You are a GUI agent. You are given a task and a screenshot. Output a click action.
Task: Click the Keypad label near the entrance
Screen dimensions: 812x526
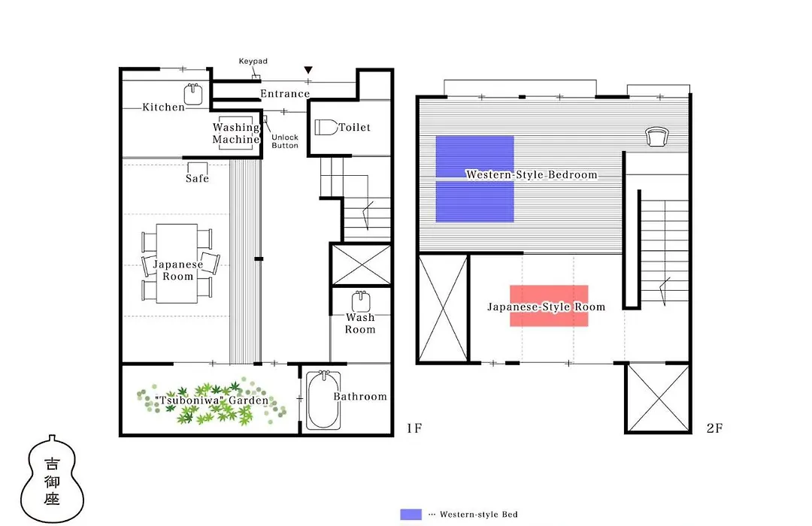253,61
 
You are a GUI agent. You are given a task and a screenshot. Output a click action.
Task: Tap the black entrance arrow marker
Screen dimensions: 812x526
308,70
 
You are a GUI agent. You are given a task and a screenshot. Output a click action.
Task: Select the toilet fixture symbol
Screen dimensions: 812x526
326,127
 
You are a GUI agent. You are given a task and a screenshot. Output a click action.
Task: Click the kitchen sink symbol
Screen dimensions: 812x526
193,94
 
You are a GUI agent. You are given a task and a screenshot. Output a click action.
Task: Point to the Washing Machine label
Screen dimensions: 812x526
236,133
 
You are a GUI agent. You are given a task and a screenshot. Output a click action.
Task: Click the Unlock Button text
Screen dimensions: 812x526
285,141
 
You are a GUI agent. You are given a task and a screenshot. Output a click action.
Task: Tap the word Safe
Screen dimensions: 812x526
197,179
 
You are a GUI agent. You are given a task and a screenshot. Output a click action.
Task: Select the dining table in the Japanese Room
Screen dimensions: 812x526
177,264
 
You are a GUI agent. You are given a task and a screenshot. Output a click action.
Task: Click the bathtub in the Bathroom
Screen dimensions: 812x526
323,401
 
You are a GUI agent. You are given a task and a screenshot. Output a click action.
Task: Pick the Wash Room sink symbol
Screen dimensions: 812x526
361,302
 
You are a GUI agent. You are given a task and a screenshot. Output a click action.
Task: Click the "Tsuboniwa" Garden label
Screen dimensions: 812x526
212,401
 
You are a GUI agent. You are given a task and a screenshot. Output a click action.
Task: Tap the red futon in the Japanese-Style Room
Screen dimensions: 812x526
549,305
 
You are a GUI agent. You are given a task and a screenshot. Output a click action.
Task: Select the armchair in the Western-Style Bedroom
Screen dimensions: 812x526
656,137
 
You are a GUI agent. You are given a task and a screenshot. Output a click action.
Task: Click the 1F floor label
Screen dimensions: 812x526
414,428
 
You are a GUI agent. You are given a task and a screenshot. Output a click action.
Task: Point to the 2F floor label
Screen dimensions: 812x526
714,428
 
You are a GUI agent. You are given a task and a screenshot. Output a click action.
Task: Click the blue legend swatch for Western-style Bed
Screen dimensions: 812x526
411,515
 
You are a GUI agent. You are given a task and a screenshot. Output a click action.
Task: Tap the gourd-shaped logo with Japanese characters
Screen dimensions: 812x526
52,479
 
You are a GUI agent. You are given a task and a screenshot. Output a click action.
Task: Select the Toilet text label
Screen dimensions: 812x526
355,127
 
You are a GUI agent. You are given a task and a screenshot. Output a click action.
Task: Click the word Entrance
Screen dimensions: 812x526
285,94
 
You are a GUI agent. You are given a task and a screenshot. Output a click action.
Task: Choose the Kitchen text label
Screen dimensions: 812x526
164,107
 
